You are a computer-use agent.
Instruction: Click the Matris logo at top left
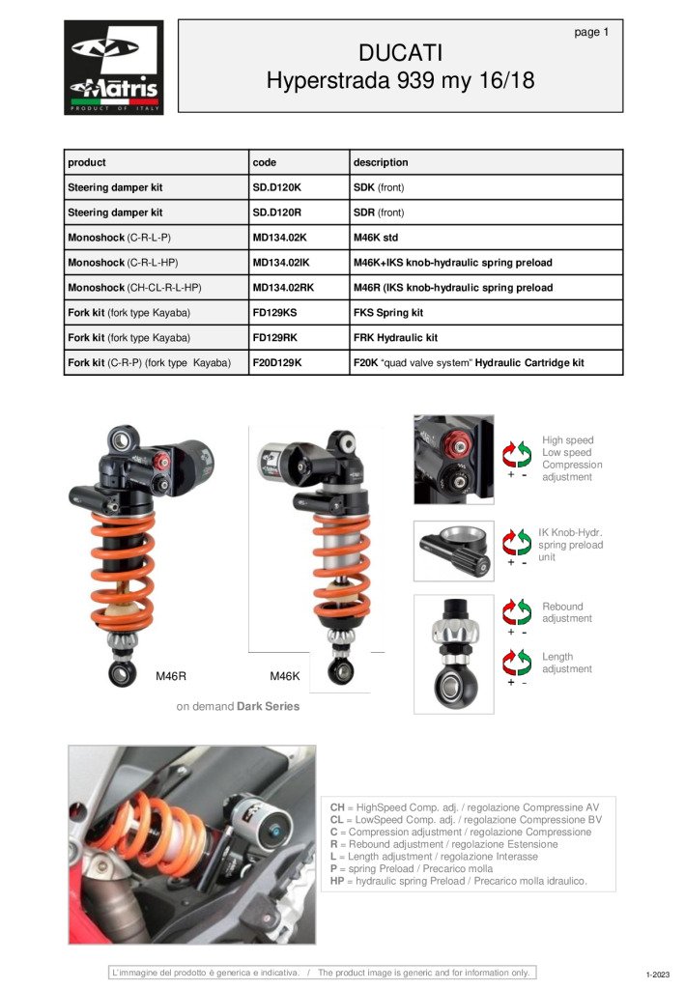pyautogui.click(x=113, y=68)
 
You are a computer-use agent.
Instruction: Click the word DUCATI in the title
pyautogui.click(x=400, y=52)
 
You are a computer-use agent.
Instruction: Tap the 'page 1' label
pyautogui.click(x=591, y=32)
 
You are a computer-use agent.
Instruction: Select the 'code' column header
pyautogui.click(x=264, y=162)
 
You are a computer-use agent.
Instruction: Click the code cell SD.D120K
pyautogui.click(x=277, y=187)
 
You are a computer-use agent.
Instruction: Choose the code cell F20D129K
pyautogui.click(x=277, y=363)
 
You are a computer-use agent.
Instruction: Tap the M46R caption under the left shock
pyautogui.click(x=171, y=676)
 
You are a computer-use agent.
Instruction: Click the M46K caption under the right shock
pyautogui.click(x=285, y=676)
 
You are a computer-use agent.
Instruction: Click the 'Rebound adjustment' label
pyautogui.click(x=567, y=612)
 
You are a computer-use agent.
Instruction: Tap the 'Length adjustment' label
pyautogui.click(x=567, y=663)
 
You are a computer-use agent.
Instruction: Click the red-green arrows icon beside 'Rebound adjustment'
pyautogui.click(x=517, y=611)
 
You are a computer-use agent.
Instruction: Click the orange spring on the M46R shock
pyautogui.click(x=123, y=570)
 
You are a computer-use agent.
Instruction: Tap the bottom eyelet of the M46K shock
pyautogui.click(x=339, y=668)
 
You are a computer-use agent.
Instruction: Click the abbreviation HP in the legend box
pyautogui.click(x=337, y=881)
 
